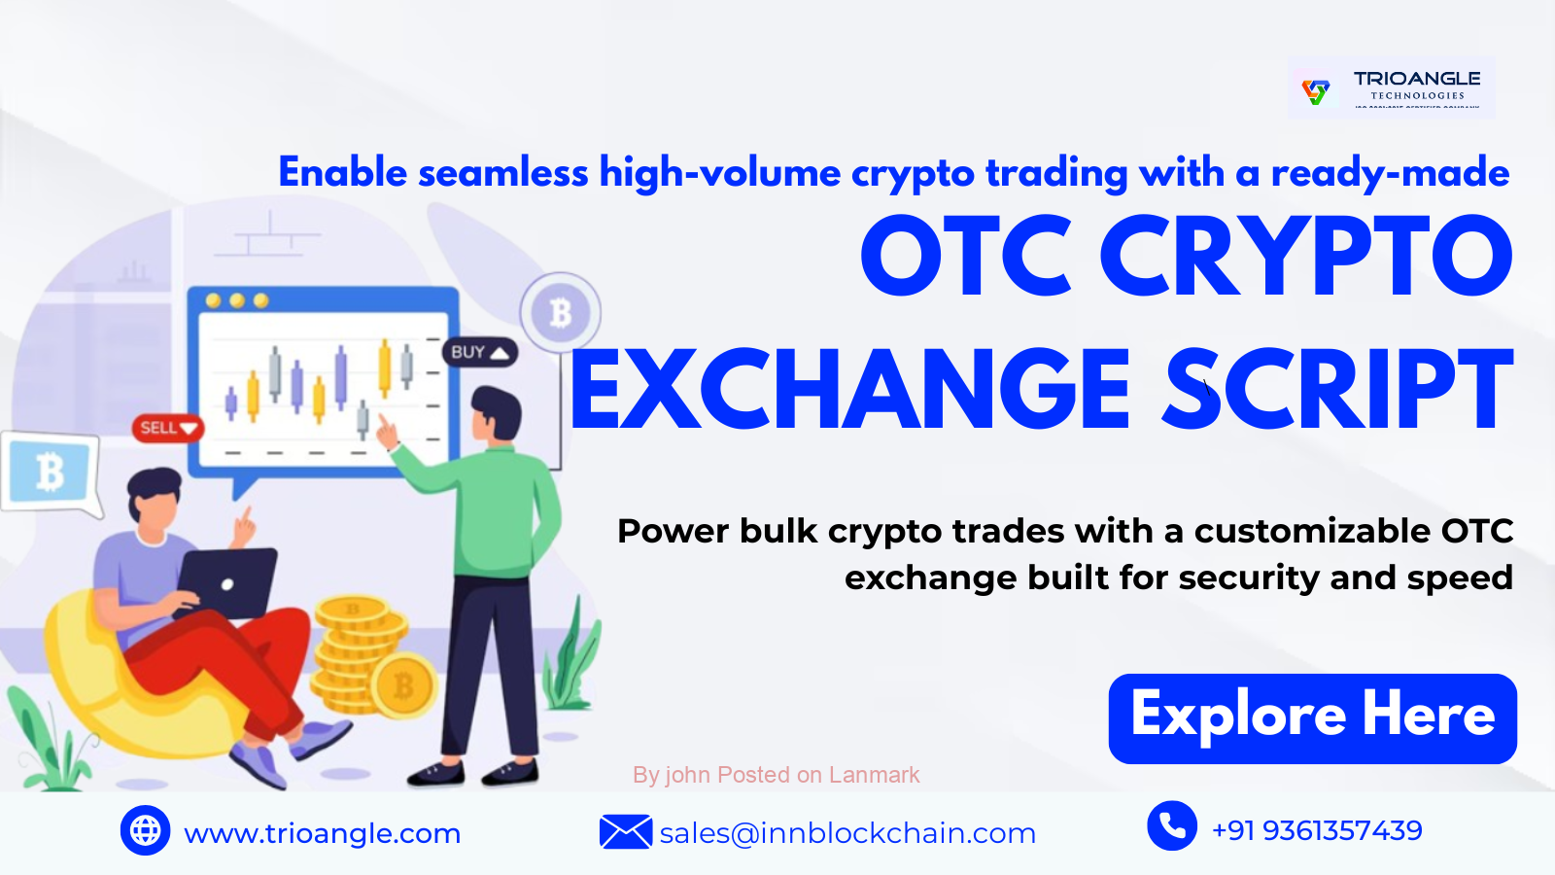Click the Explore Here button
[x=1312, y=717]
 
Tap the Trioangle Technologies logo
[x=1391, y=88]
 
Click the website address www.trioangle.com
[x=322, y=833]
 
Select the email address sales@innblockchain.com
[x=847, y=833]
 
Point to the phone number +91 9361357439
[x=1317, y=830]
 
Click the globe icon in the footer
[x=145, y=830]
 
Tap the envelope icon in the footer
[x=625, y=832]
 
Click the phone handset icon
[x=1172, y=826]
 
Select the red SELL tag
[x=168, y=428]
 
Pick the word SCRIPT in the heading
[x=1338, y=391]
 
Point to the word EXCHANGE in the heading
[x=851, y=391]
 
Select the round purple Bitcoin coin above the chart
[x=561, y=313]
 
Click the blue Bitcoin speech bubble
[x=50, y=472]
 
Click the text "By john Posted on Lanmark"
[x=776, y=775]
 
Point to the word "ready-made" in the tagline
[x=1390, y=173]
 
